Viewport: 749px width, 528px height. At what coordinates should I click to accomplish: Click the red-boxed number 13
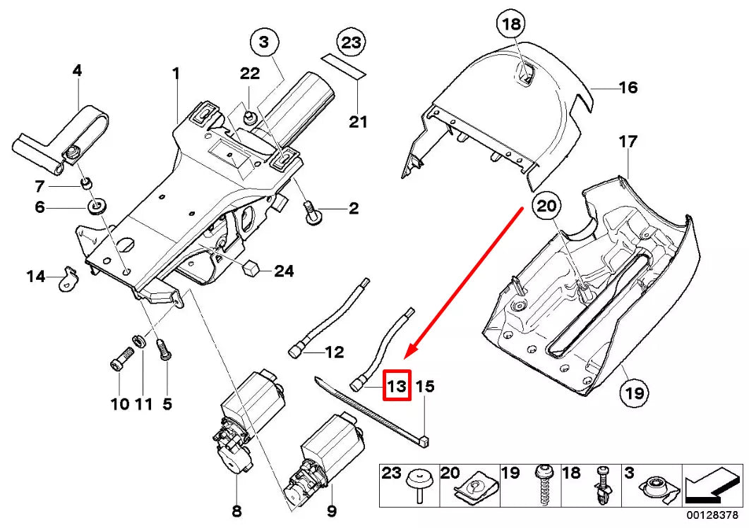coord(396,386)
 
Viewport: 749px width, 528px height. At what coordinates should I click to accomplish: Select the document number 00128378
coord(714,515)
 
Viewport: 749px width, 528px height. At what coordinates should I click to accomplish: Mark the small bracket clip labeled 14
coord(68,278)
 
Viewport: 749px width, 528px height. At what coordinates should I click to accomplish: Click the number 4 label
coord(77,70)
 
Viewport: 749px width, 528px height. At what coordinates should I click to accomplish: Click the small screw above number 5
coord(163,349)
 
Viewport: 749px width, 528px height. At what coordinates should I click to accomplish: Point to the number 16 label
coord(628,87)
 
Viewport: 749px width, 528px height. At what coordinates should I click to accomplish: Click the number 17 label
coord(628,142)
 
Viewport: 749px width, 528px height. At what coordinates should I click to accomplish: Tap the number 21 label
coord(359,122)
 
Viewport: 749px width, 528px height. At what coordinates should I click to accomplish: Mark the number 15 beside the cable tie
coord(425,386)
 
